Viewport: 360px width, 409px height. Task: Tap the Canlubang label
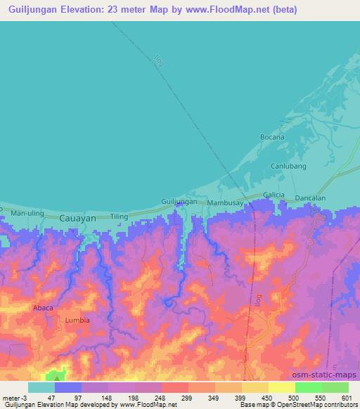(288, 167)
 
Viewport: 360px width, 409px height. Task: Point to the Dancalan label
(310, 198)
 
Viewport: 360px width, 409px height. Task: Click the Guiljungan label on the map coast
(179, 202)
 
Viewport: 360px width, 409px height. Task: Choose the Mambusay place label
(224, 203)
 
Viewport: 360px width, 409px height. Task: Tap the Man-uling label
(27, 212)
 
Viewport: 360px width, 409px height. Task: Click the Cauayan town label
(77, 219)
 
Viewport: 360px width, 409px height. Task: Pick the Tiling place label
(119, 217)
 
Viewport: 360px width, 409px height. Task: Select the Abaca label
(43, 308)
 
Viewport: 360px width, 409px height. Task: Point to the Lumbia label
(77, 320)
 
